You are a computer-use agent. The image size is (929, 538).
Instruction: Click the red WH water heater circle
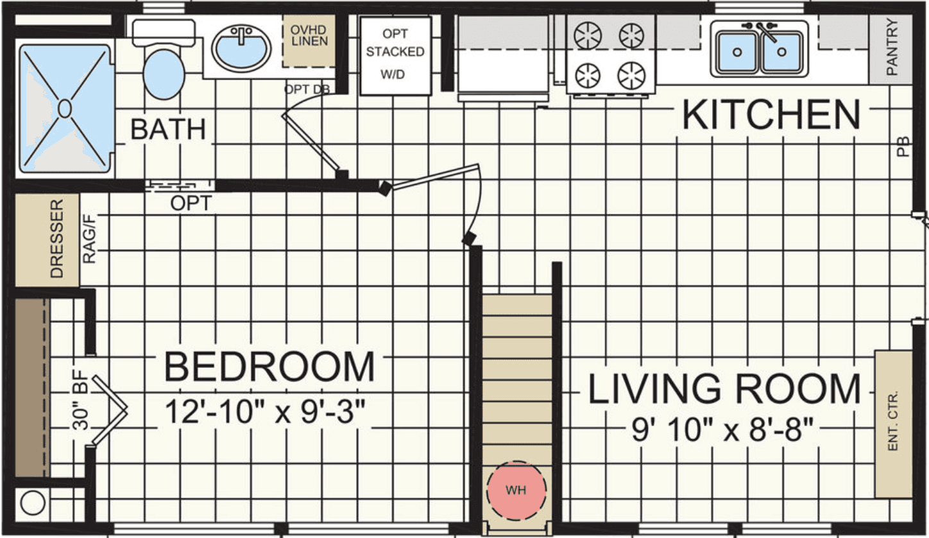click(516, 490)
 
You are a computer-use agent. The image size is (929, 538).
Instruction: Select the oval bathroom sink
click(241, 48)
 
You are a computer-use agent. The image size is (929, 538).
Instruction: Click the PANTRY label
click(892, 48)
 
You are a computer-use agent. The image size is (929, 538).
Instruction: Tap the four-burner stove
click(609, 55)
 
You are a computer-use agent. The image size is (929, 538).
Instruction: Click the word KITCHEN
click(770, 116)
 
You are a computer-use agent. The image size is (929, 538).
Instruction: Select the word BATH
click(168, 129)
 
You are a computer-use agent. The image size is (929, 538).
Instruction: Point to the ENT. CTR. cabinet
click(893, 424)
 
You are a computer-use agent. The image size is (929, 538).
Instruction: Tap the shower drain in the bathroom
click(64, 108)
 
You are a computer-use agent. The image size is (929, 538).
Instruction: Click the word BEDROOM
click(269, 367)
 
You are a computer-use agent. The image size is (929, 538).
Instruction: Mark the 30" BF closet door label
click(80, 411)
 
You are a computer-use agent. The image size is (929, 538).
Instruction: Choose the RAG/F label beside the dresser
click(89, 239)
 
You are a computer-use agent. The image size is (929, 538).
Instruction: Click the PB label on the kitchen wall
click(903, 149)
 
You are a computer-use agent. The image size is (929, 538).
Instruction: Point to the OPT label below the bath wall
click(191, 204)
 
